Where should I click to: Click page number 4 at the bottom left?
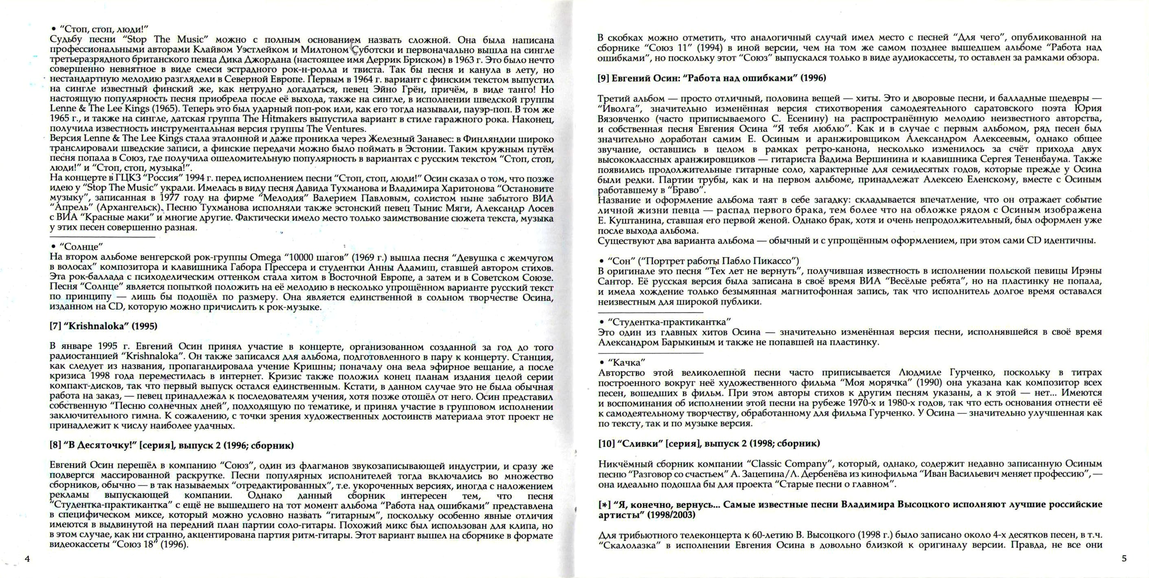pyautogui.click(x=27, y=559)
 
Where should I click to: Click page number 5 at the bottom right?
pyautogui.click(x=1124, y=558)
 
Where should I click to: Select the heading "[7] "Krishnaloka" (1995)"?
pyautogui.click(x=103, y=326)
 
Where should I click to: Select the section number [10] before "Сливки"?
pyautogui.click(x=605, y=443)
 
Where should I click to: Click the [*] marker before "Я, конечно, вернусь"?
pyautogui.click(x=603, y=505)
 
